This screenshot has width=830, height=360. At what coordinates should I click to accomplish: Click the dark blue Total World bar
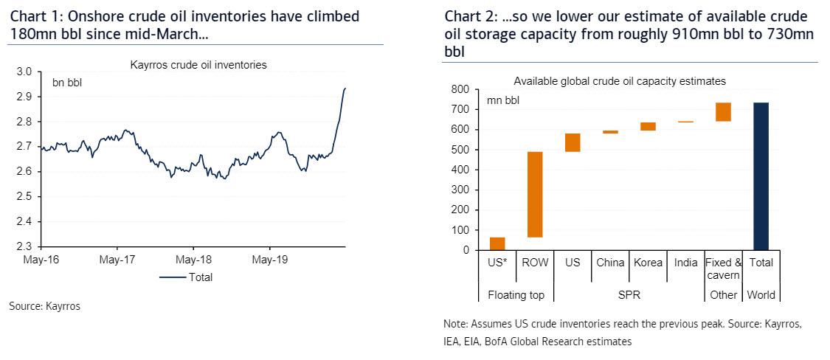(761, 176)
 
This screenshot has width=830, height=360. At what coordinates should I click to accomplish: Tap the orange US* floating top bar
(497, 243)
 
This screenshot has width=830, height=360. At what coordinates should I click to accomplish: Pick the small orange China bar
(609, 132)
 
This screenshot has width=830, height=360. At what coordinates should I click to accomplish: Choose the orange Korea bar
(647, 126)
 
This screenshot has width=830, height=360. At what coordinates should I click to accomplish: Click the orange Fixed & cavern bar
(723, 111)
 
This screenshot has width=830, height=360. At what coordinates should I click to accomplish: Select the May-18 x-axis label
(193, 260)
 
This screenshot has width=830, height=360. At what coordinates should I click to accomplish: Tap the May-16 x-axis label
(41, 260)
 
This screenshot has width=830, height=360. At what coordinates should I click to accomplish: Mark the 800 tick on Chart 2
(459, 89)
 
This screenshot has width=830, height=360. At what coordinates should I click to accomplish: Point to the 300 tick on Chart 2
(459, 190)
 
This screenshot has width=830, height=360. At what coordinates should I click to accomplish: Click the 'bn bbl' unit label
(66, 82)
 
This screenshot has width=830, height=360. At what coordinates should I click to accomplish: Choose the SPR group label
(629, 295)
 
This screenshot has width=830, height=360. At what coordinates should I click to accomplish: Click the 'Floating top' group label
(516, 295)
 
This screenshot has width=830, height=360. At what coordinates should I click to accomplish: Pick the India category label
(685, 263)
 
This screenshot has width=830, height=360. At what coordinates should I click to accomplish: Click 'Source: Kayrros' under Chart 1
(44, 306)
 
